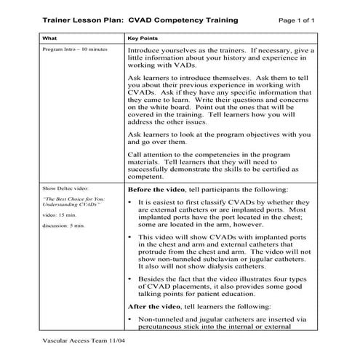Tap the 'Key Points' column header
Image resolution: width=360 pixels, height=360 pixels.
click(x=143, y=36)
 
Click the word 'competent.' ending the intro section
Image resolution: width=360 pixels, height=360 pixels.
click(x=144, y=175)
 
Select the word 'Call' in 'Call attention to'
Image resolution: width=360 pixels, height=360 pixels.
click(x=135, y=154)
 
